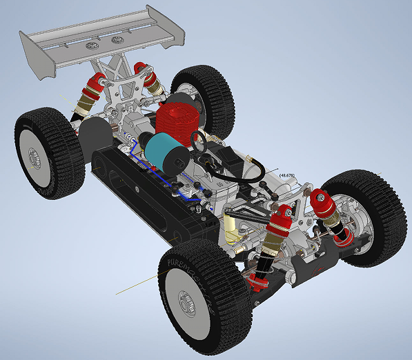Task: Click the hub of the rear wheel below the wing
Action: tap(33, 161)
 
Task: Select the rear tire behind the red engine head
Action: tap(207, 97)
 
